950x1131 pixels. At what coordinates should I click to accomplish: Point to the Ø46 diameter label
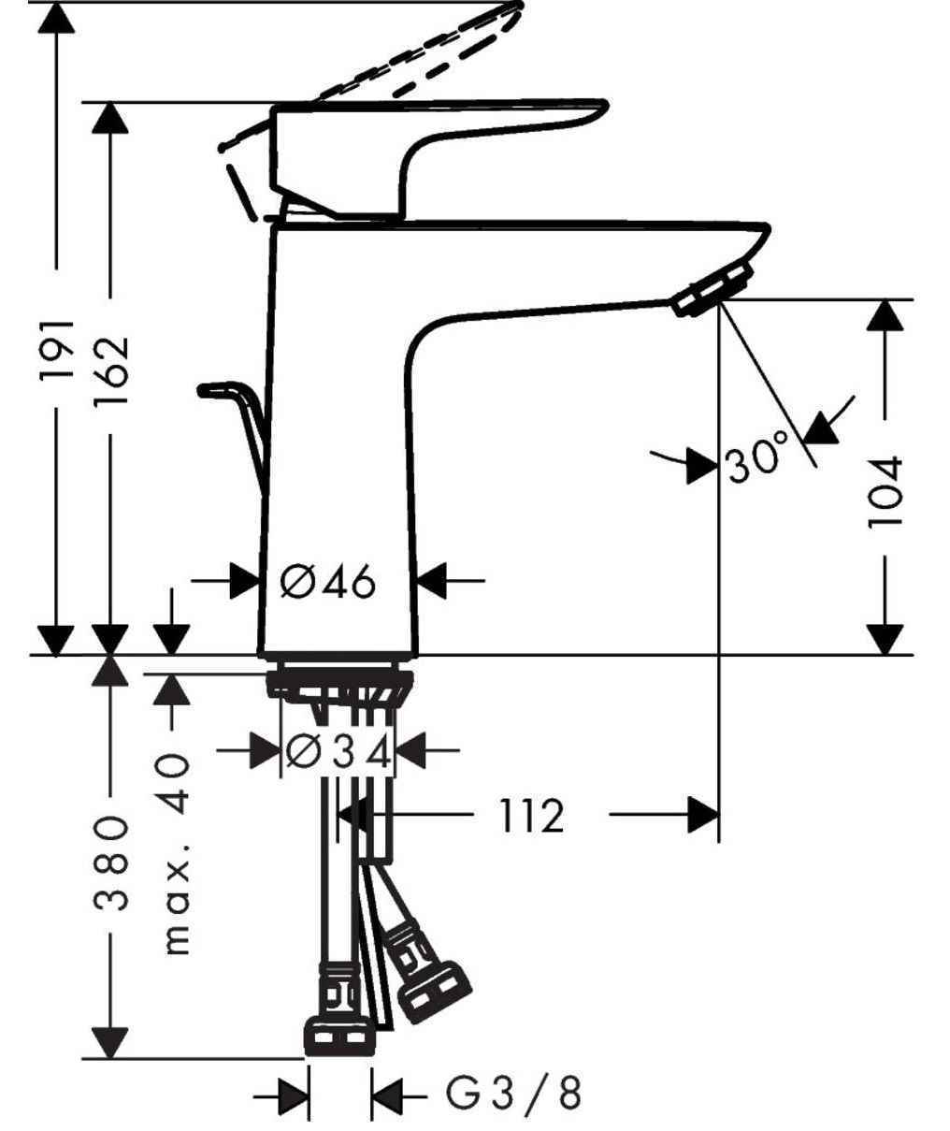coord(328,583)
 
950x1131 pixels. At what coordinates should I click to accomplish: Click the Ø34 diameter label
coord(338,751)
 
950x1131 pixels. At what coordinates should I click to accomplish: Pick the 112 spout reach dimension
coord(530,817)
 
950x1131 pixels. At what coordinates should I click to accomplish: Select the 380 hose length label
coord(111,863)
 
